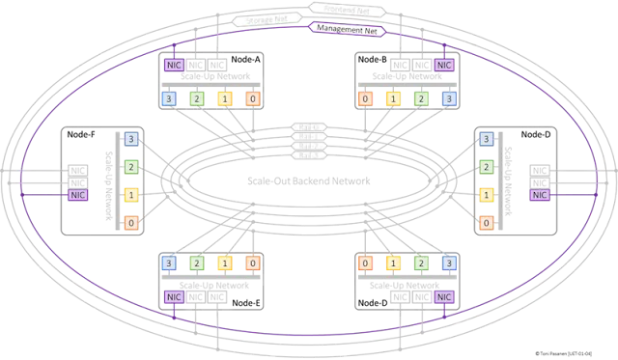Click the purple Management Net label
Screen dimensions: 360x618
pyautogui.click(x=348, y=29)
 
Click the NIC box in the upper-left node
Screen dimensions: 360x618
pyautogui.click(x=174, y=65)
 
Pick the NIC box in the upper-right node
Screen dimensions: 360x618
pyautogui.click(x=443, y=65)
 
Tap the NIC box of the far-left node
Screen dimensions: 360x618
pyautogui.click(x=80, y=194)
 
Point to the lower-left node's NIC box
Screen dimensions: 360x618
pyautogui.click(x=174, y=296)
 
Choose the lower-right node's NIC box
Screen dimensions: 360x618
pyautogui.click(x=443, y=296)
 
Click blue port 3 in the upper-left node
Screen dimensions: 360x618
pyautogui.click(x=169, y=97)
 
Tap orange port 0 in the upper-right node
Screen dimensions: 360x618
pyautogui.click(x=366, y=97)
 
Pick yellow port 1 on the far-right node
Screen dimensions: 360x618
pyautogui.click(x=486, y=194)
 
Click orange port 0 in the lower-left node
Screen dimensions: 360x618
pyautogui.click(x=252, y=263)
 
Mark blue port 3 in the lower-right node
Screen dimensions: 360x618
pyautogui.click(x=447, y=263)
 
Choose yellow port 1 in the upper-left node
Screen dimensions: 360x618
pyautogui.click(x=224, y=97)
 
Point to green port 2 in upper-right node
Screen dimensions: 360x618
pyautogui.click(x=420, y=97)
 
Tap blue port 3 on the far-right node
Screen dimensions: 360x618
pyautogui.click(x=486, y=138)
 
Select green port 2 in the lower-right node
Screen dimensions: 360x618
pyautogui.click(x=420, y=263)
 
